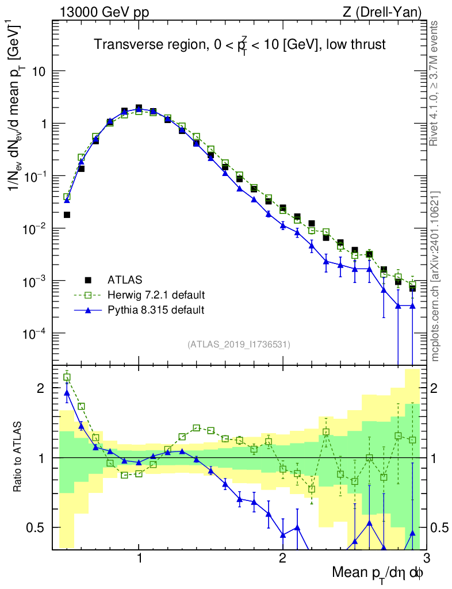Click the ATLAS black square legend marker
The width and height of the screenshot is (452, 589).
88,280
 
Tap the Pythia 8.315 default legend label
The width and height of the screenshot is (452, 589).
156,310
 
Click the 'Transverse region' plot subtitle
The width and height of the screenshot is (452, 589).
240,45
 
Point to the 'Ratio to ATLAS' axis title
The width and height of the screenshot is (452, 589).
18,457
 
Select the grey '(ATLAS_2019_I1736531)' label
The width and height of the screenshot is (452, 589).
239,345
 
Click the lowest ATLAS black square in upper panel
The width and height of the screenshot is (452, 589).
412,288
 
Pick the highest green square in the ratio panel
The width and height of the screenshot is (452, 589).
67,377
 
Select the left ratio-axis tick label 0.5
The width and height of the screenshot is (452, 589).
39,527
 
